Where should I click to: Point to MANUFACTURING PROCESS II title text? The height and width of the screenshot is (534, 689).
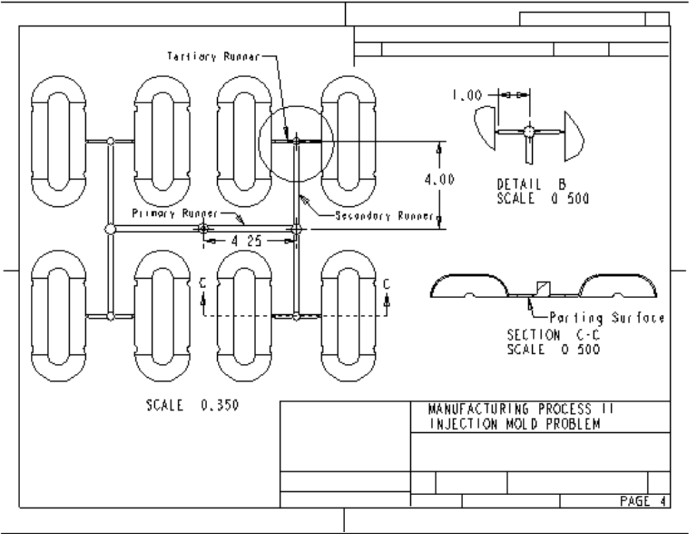(520, 409)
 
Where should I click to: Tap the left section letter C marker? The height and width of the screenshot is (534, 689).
(202, 284)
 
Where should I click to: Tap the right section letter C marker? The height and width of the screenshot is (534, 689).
(386, 284)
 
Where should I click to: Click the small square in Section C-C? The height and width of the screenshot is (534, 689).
(541, 287)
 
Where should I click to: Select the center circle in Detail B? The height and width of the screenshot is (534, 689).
(529, 131)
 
